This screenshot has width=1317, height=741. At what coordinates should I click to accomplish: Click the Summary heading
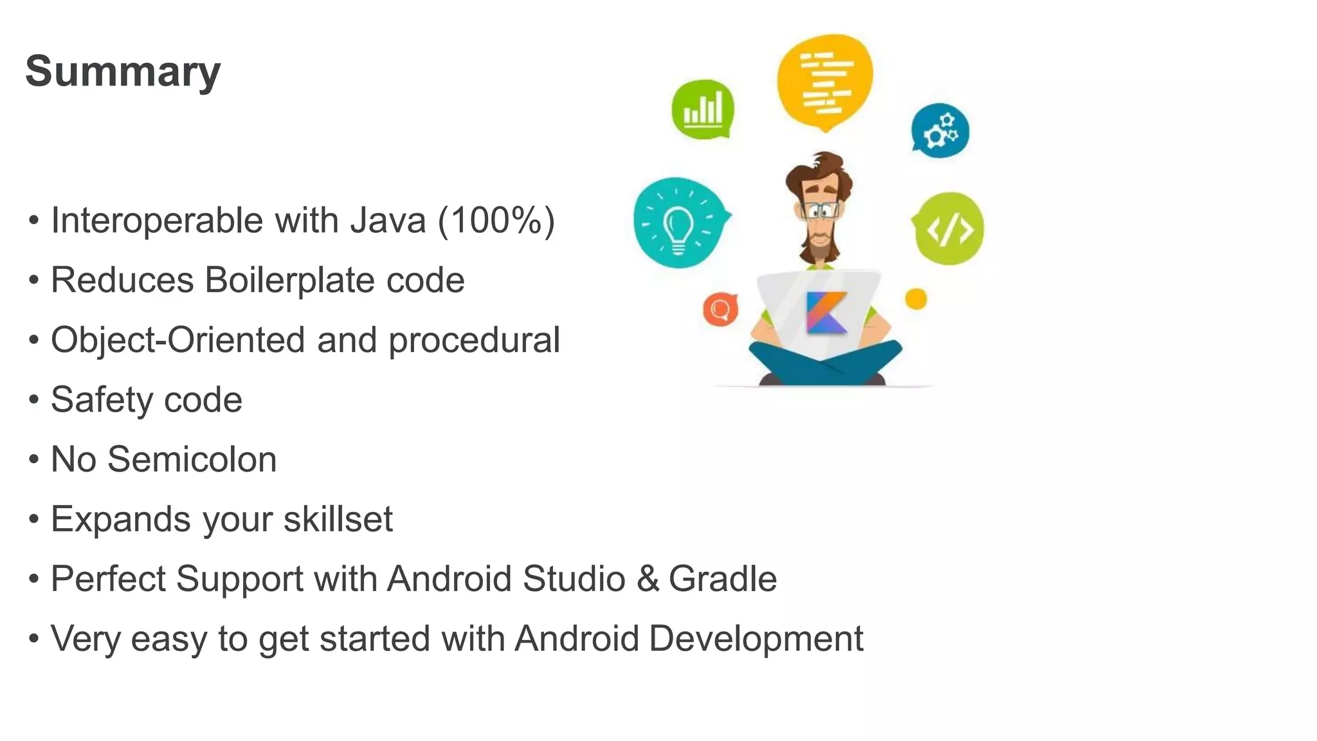coord(123,71)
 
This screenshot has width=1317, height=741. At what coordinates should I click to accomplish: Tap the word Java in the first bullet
coord(388,221)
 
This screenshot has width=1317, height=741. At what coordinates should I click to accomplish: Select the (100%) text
coord(496,221)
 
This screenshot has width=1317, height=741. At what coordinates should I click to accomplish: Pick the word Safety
coord(102,400)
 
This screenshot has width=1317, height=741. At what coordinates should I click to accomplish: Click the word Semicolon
coord(192,459)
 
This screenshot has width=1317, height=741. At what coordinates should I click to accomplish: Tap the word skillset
coord(338,519)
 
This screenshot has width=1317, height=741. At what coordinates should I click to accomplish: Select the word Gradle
coord(723,579)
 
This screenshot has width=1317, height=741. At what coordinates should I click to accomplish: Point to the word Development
coord(756,639)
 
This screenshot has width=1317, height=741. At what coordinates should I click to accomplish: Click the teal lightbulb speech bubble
coord(678,223)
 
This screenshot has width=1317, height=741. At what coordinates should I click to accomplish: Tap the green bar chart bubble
coord(702,109)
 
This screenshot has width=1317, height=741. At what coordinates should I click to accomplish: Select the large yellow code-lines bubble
coord(825,81)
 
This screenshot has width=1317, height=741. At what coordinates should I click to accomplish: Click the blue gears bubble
coord(940,131)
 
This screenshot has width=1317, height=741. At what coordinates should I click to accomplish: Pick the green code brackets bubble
coord(949,228)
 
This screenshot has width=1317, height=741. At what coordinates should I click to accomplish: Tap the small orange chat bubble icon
coord(720,309)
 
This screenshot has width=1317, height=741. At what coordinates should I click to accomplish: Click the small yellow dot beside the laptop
coord(916,299)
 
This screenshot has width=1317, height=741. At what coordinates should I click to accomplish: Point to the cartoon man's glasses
coord(820,210)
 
